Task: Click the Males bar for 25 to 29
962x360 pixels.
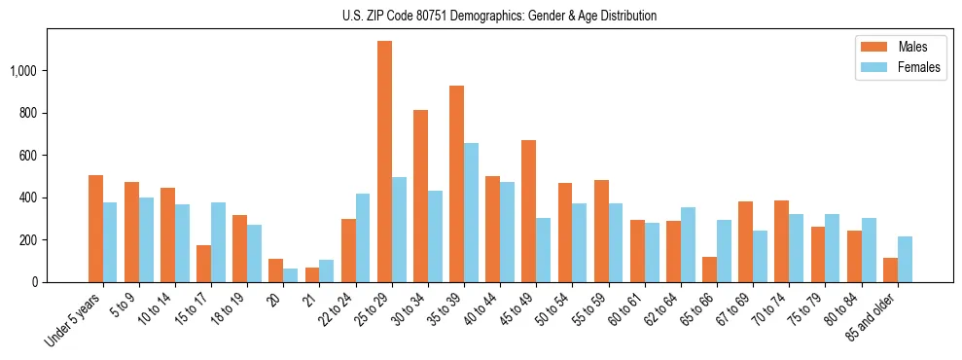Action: click(384, 162)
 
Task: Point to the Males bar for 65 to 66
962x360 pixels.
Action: click(709, 270)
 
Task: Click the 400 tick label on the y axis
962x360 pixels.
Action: click(28, 198)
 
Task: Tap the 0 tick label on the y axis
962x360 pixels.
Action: click(34, 282)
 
